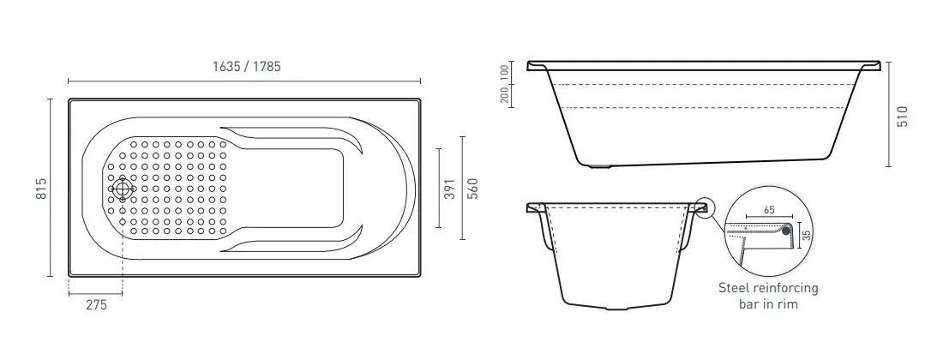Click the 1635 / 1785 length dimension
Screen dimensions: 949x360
point(246,67)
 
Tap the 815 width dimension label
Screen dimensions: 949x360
point(42,189)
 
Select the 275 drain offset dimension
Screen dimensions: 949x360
point(96,305)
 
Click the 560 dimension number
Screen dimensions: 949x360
point(473,189)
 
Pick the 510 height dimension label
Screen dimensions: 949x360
point(903,117)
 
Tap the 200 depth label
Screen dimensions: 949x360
point(504,95)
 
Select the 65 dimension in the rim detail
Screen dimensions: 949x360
point(769,211)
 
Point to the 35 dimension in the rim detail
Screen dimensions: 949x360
point(806,235)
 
